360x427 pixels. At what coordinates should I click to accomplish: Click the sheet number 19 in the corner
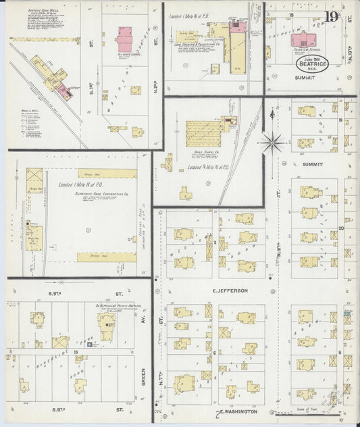pyautogui.click(x=331, y=17)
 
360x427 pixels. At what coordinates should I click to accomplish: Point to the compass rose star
pyautogui.click(x=273, y=142)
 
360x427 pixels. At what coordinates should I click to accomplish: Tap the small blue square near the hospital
pyautogui.click(x=93, y=345)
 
